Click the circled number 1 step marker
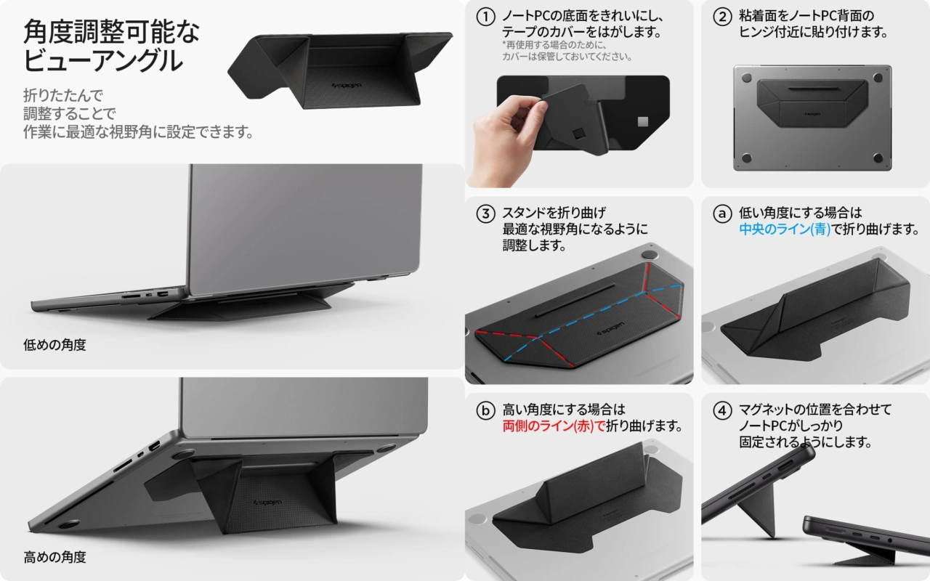[x=485, y=17]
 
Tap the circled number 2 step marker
[x=722, y=17]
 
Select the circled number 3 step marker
[x=485, y=214]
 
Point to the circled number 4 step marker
[x=722, y=411]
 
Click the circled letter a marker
[x=722, y=214]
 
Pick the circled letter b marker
[x=485, y=411]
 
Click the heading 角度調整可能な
[x=112, y=31]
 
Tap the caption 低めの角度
[x=54, y=345]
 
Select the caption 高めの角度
[x=54, y=557]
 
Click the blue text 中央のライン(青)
[x=785, y=229]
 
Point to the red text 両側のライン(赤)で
[x=554, y=426]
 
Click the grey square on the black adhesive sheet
[x=643, y=121]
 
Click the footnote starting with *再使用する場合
[x=567, y=51]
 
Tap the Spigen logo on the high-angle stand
[x=267, y=503]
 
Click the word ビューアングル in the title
[x=103, y=60]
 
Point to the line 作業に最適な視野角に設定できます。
[x=138, y=132]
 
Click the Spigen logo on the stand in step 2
[x=812, y=114]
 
